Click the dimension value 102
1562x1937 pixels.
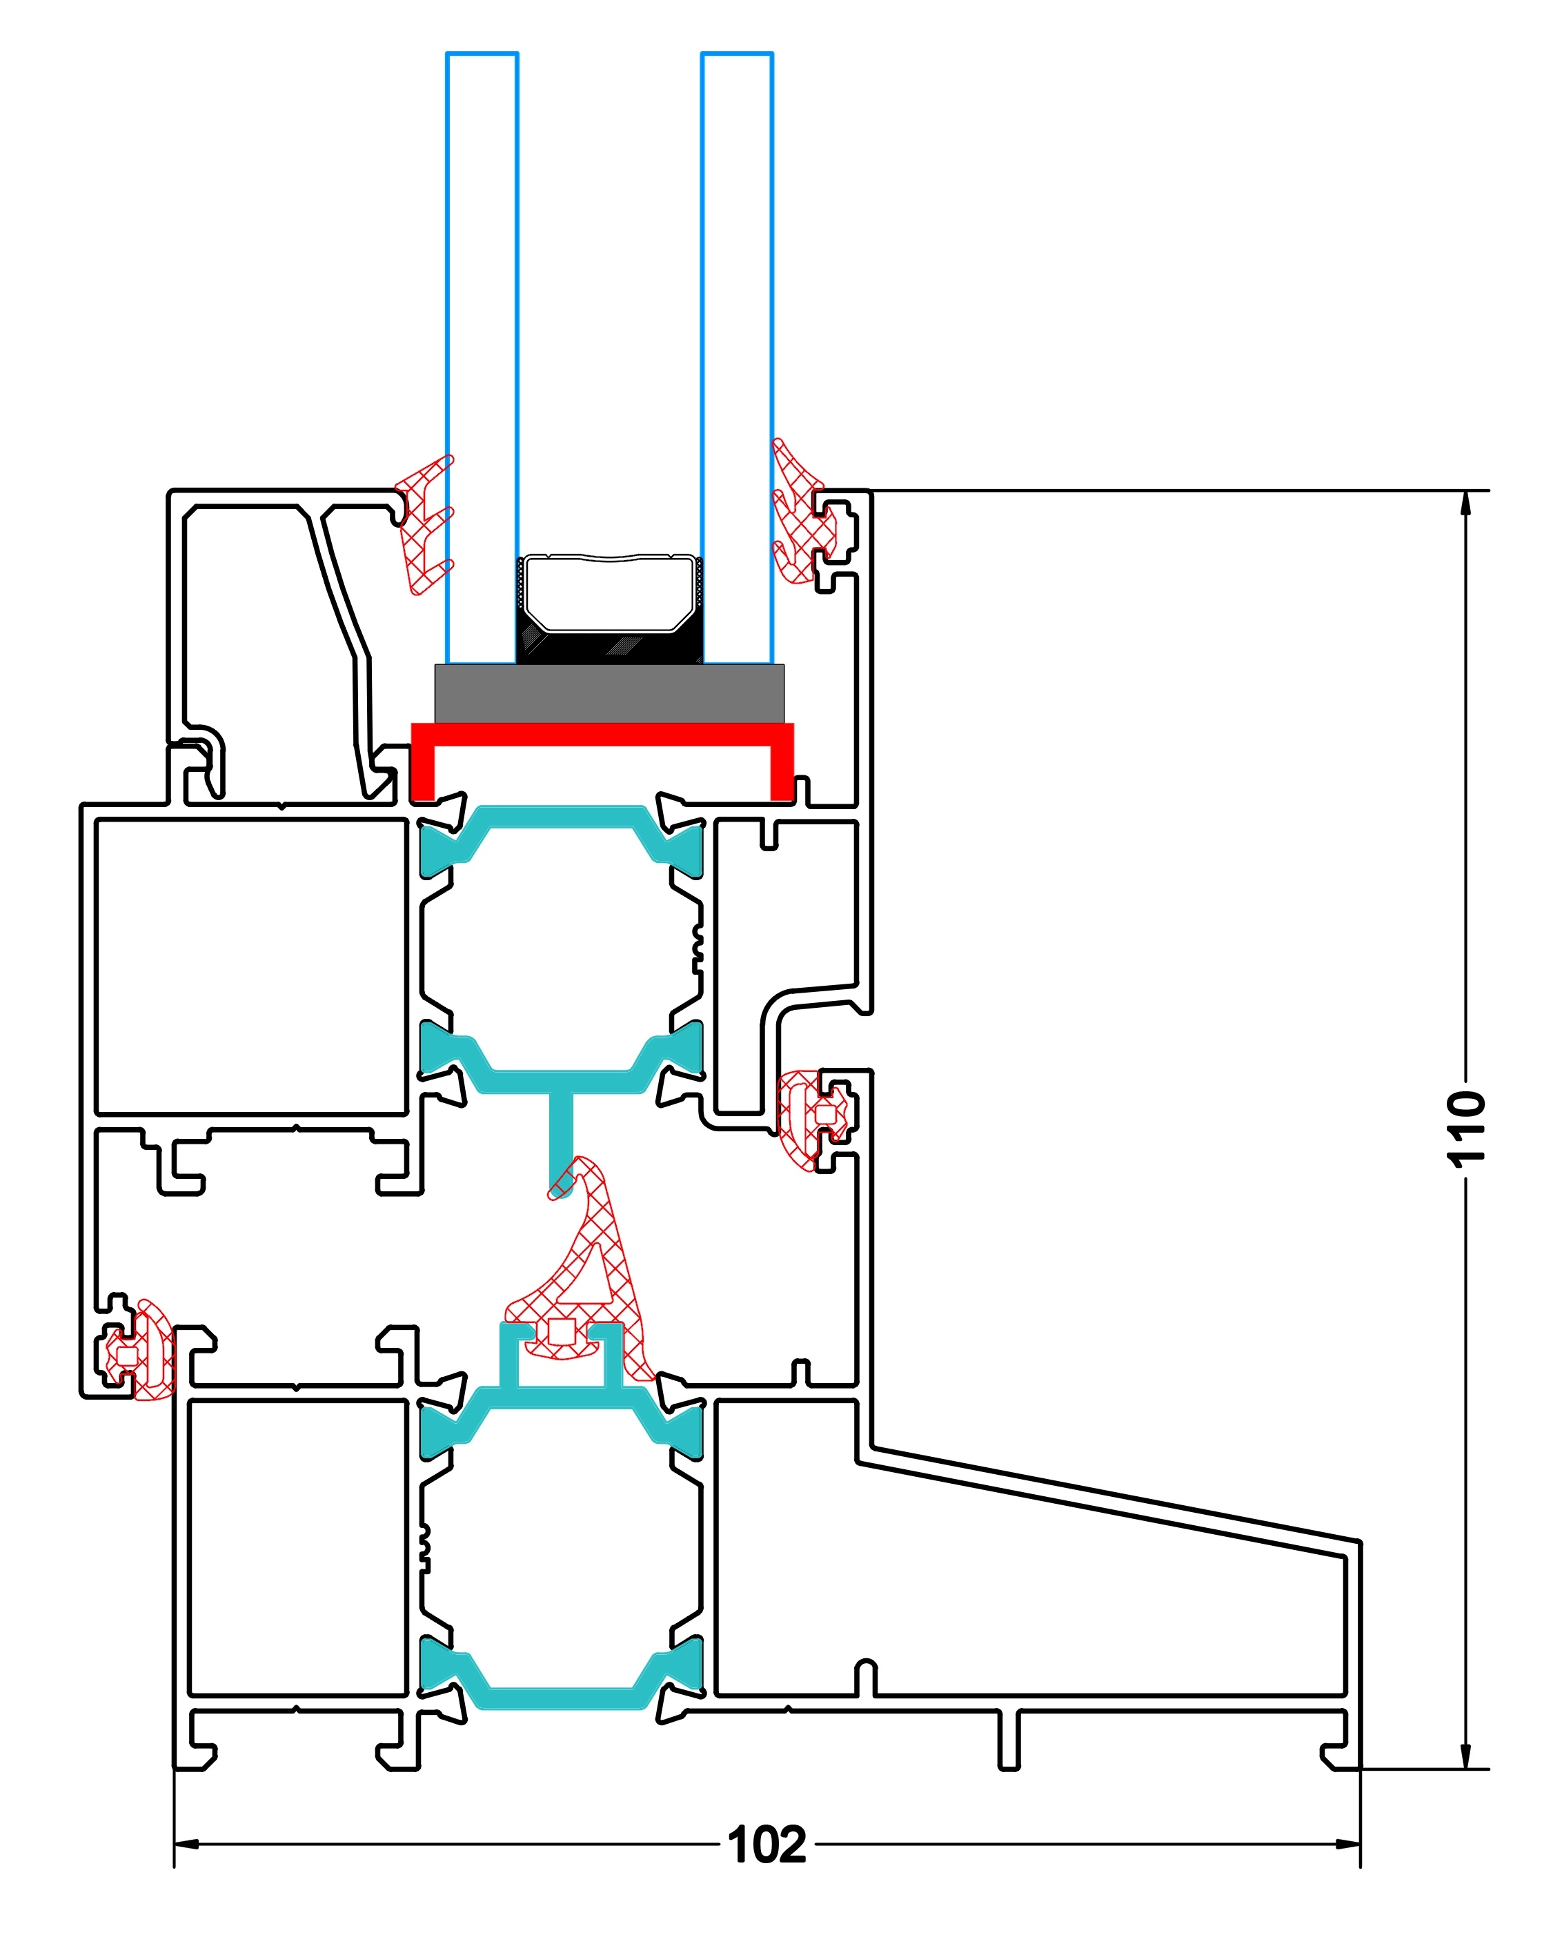pos(767,1845)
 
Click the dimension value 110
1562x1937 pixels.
pos(1465,1130)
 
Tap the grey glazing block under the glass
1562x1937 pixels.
pos(609,694)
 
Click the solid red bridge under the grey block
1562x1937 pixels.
pos(602,734)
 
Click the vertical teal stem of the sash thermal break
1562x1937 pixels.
pos(560,1138)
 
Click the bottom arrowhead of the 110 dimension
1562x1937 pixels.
pos(1465,1756)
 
